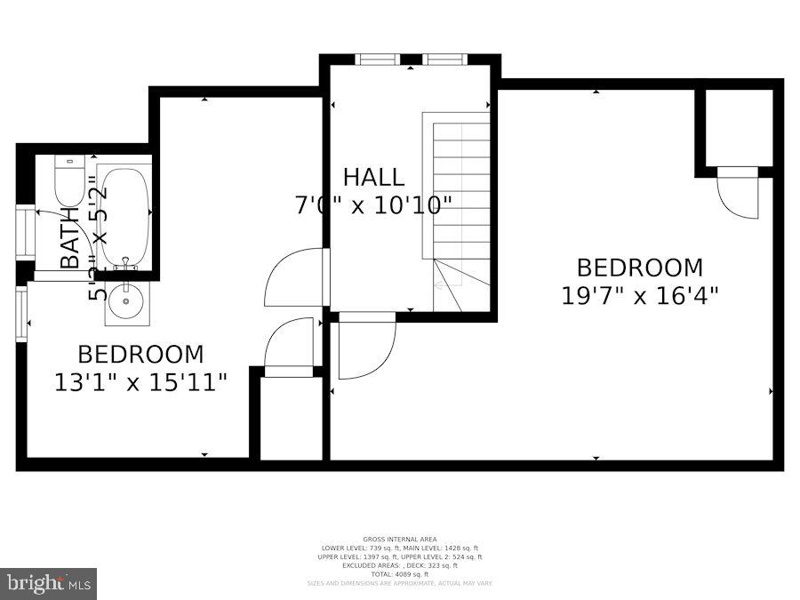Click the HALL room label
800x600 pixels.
pyautogui.click(x=373, y=176)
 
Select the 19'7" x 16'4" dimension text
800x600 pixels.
pyautogui.click(x=639, y=295)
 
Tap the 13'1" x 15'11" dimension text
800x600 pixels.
pyautogui.click(x=140, y=382)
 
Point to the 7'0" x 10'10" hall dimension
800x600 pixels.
pyautogui.click(x=373, y=204)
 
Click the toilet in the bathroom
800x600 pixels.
pyautogui.click(x=68, y=180)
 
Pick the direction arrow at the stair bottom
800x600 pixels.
pyautogui.click(x=439, y=285)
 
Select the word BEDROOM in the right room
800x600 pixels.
pyautogui.click(x=639, y=267)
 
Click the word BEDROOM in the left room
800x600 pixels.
pyautogui.click(x=140, y=355)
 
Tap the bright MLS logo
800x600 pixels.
pyautogui.click(x=49, y=584)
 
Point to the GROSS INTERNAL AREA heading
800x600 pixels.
pyautogui.click(x=398, y=540)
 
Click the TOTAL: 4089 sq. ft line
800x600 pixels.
pyautogui.click(x=398, y=574)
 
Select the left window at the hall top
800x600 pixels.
pyautogui.click(x=377, y=60)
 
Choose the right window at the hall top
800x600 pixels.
pyautogui.click(x=445, y=60)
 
